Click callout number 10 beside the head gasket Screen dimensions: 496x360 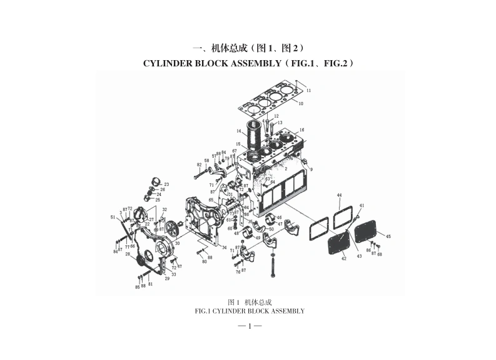pyautogui.click(x=301, y=103)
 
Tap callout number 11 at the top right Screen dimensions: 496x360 pyautogui.click(x=308, y=91)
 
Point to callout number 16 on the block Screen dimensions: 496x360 pyautogui.click(x=301, y=130)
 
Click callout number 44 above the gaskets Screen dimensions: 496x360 pyautogui.click(x=339, y=196)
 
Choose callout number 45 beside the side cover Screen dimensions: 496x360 pyautogui.click(x=388, y=236)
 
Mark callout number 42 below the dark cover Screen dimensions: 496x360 pyautogui.click(x=343, y=258)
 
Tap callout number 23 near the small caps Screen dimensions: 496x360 pyautogui.click(x=166, y=184)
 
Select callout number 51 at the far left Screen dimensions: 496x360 pyautogui.click(x=113, y=217)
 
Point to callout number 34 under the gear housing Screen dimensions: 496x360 pyautogui.click(x=224, y=248)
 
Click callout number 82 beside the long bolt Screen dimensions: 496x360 pyautogui.click(x=199, y=165)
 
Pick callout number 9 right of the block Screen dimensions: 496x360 pyautogui.click(x=311, y=169)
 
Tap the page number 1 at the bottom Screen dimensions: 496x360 pyautogui.click(x=249, y=326)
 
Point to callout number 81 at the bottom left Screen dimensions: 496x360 pyautogui.click(x=150, y=284)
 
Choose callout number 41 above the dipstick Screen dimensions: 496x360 pyautogui.click(x=362, y=206)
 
